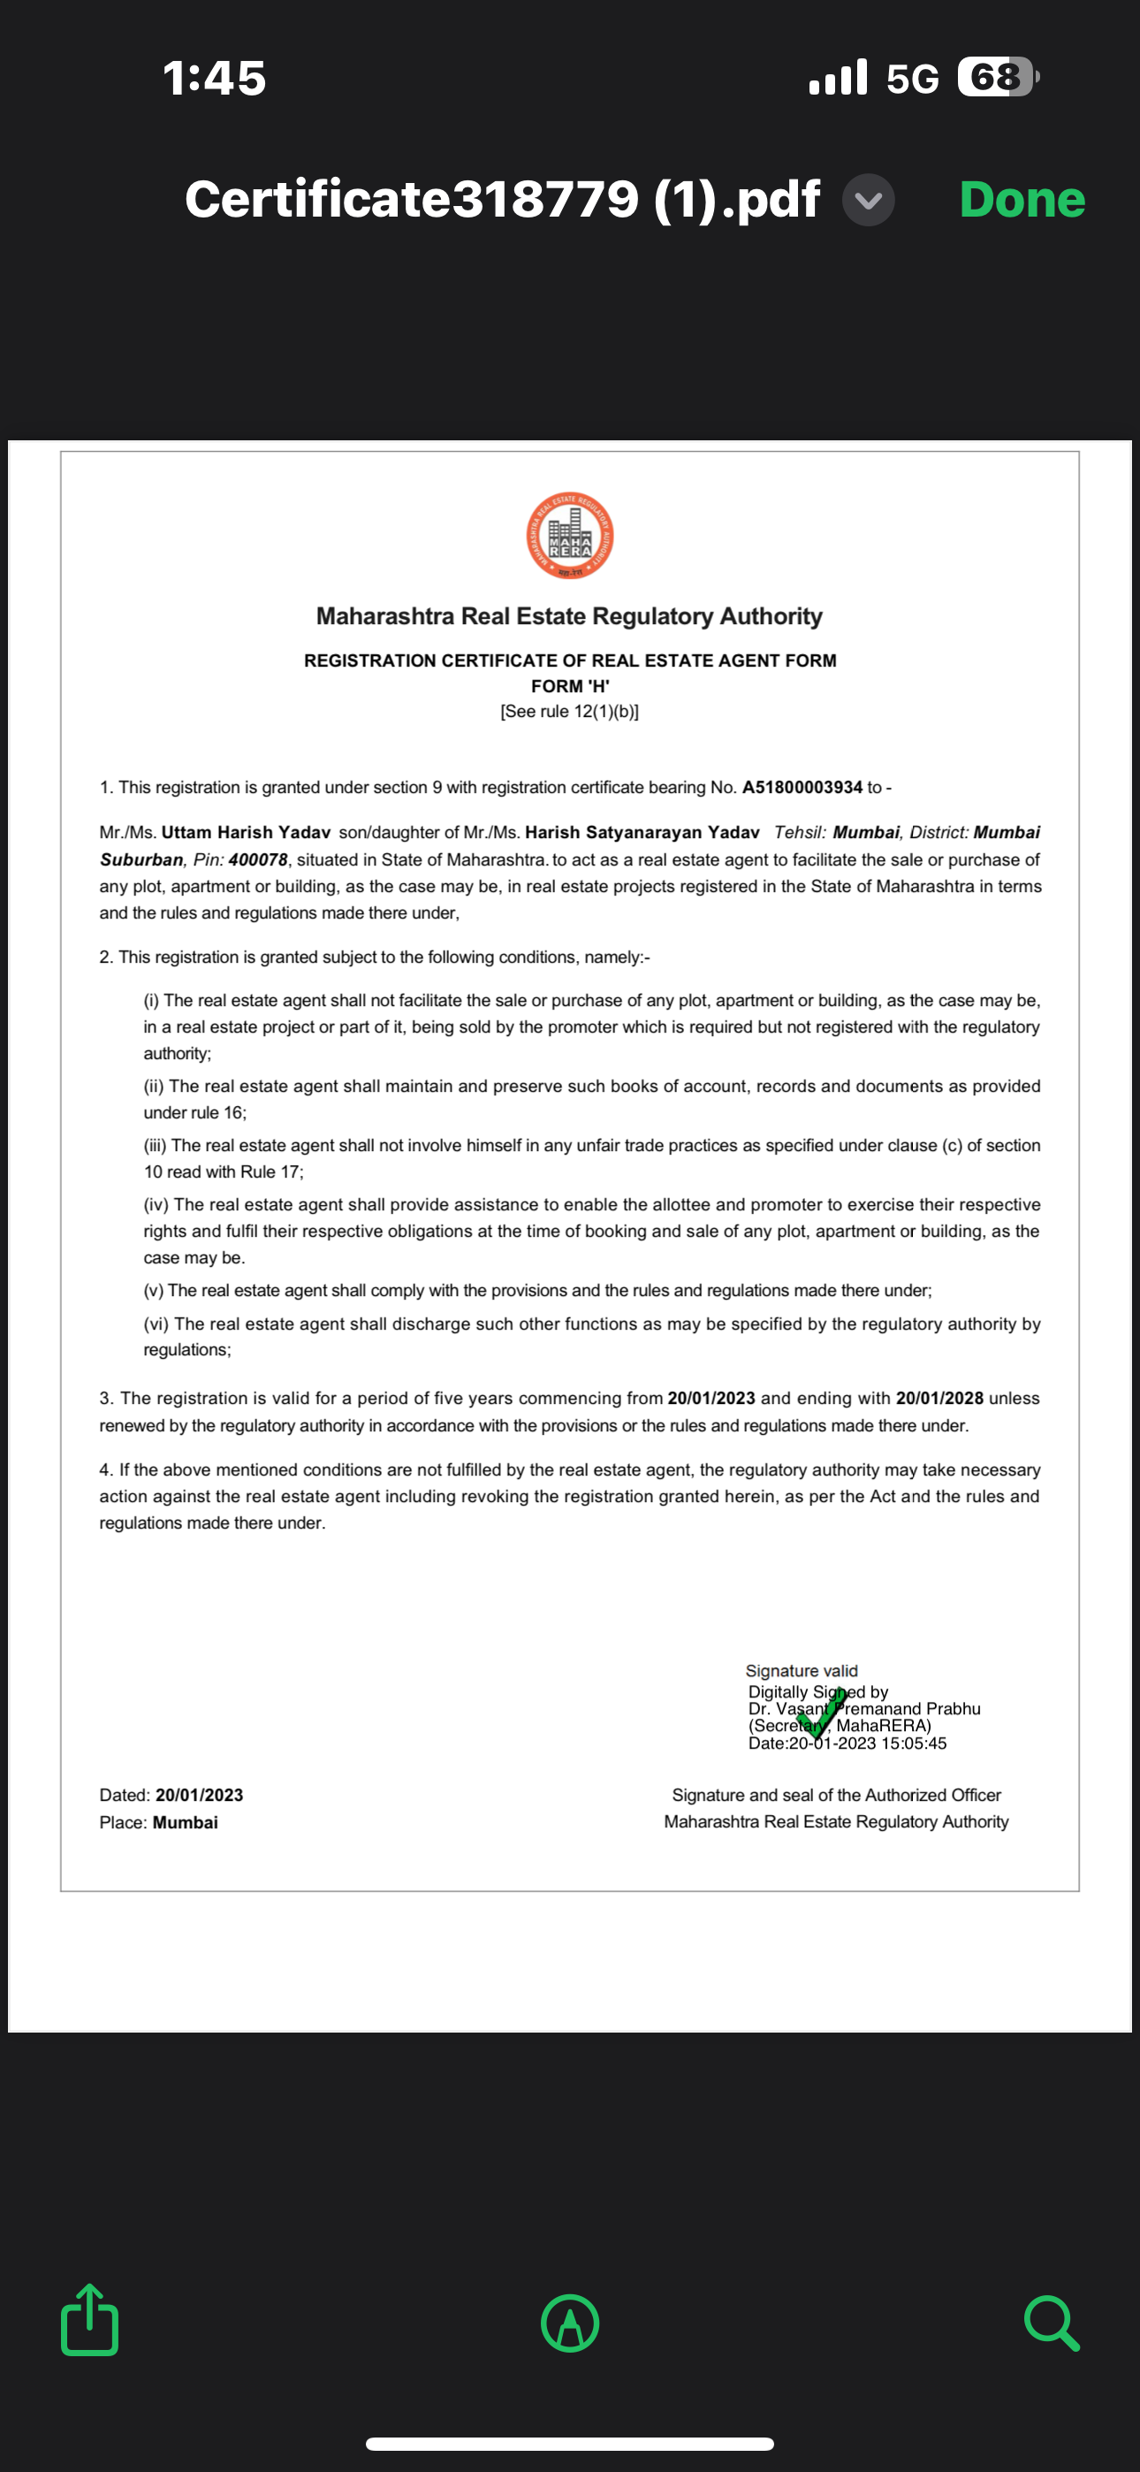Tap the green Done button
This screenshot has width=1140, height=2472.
point(1022,200)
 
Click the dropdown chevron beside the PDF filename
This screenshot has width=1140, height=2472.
point(869,201)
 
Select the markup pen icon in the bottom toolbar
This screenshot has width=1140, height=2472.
point(570,2323)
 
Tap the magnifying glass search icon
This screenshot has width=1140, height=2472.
point(1051,2323)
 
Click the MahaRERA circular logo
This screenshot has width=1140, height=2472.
point(570,536)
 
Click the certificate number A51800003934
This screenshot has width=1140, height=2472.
point(802,787)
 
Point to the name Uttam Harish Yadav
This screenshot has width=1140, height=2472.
point(246,832)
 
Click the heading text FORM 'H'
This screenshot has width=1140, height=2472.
point(570,686)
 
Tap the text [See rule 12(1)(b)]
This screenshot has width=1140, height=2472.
point(570,711)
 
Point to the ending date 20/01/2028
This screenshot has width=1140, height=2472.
point(939,1398)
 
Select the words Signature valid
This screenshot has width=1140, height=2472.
point(802,1671)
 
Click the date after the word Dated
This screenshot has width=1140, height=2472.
point(200,1795)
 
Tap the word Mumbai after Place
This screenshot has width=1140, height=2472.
point(186,1822)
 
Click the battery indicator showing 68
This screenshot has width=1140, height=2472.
point(997,77)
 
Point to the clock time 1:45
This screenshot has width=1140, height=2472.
point(214,78)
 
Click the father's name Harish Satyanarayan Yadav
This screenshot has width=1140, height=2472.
point(642,832)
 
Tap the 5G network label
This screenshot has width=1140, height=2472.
point(912,79)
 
